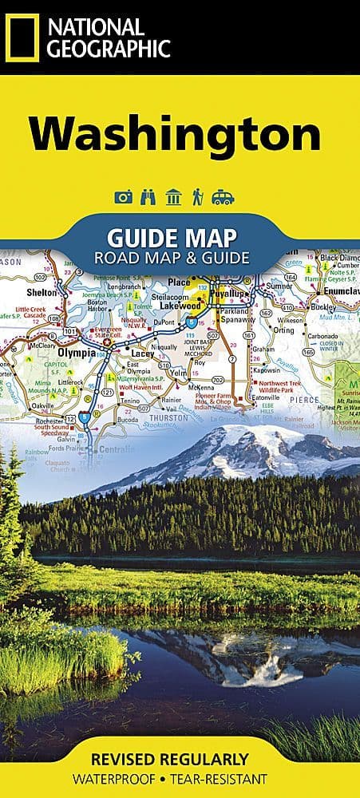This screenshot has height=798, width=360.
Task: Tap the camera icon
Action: pos(124,197)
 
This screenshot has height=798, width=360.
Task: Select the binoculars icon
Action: pos(148,197)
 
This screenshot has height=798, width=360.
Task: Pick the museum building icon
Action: pos(172,197)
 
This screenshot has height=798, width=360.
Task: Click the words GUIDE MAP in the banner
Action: pos(172,238)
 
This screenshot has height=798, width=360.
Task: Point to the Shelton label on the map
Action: pos(45,292)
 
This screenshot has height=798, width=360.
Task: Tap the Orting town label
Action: pos(283,329)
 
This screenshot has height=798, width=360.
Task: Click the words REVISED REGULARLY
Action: pos(180,759)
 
